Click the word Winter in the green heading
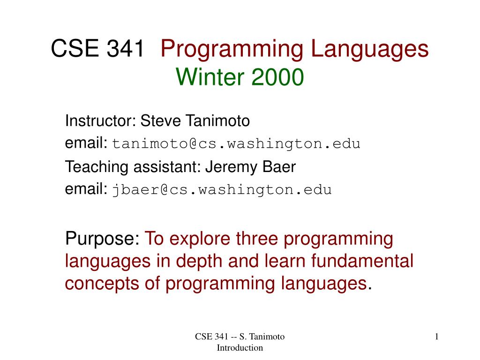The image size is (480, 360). point(210,77)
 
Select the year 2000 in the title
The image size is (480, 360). point(277,77)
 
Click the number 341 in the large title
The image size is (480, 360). point(125,48)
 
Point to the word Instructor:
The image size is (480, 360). point(100,120)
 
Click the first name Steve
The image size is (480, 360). point(160,120)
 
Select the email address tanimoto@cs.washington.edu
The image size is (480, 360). point(236,144)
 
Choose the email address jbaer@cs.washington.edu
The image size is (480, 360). point(222,190)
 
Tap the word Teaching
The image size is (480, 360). point(97,167)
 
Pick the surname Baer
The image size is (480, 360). point(279,166)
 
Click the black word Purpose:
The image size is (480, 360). point(102,239)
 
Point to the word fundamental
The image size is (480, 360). point(362,261)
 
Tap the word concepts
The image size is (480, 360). point(102,284)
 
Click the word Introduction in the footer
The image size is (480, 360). point(240,348)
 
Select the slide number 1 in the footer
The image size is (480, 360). point(436,337)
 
